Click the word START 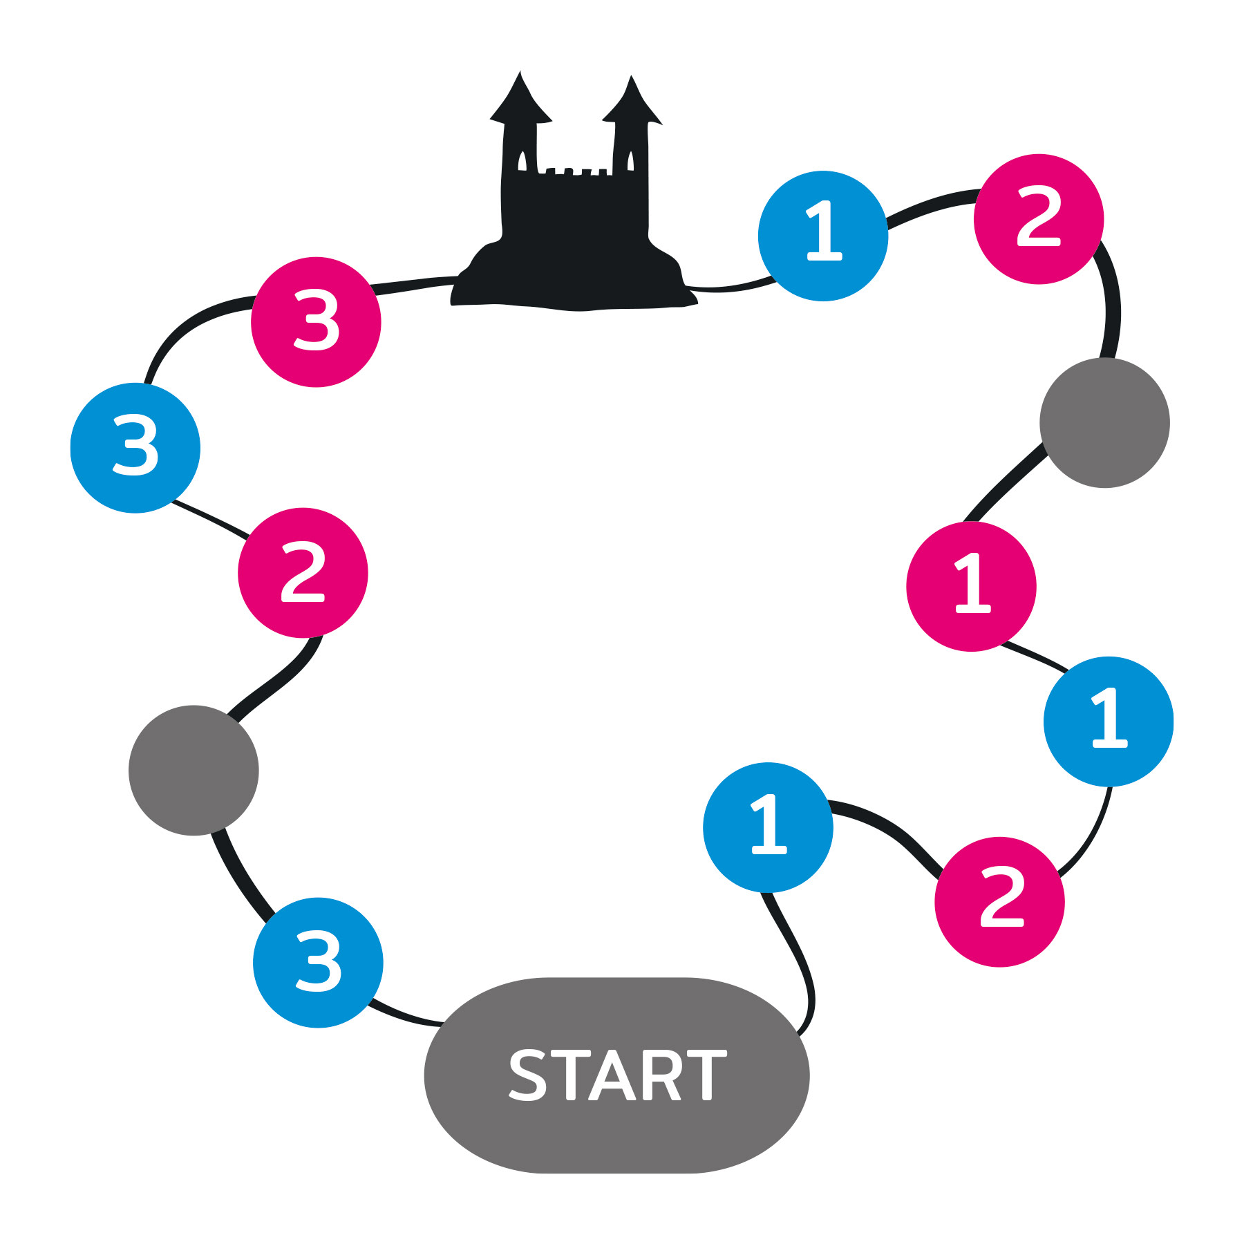[x=617, y=1075]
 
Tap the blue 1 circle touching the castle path [x=822, y=236]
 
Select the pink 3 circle [x=316, y=322]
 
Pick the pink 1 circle [x=971, y=586]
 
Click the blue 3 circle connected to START [x=318, y=963]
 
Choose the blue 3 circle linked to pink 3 [x=135, y=448]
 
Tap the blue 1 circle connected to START [x=768, y=827]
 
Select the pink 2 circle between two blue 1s [x=999, y=901]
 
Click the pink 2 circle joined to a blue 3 [x=303, y=573]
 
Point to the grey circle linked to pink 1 [x=1104, y=423]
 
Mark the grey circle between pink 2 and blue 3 [x=194, y=771]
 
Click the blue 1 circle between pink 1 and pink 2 [x=1109, y=722]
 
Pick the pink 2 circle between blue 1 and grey [x=1039, y=219]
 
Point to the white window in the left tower [x=522, y=161]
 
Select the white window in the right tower [x=630, y=161]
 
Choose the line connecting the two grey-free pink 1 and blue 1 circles [x=1035, y=656]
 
